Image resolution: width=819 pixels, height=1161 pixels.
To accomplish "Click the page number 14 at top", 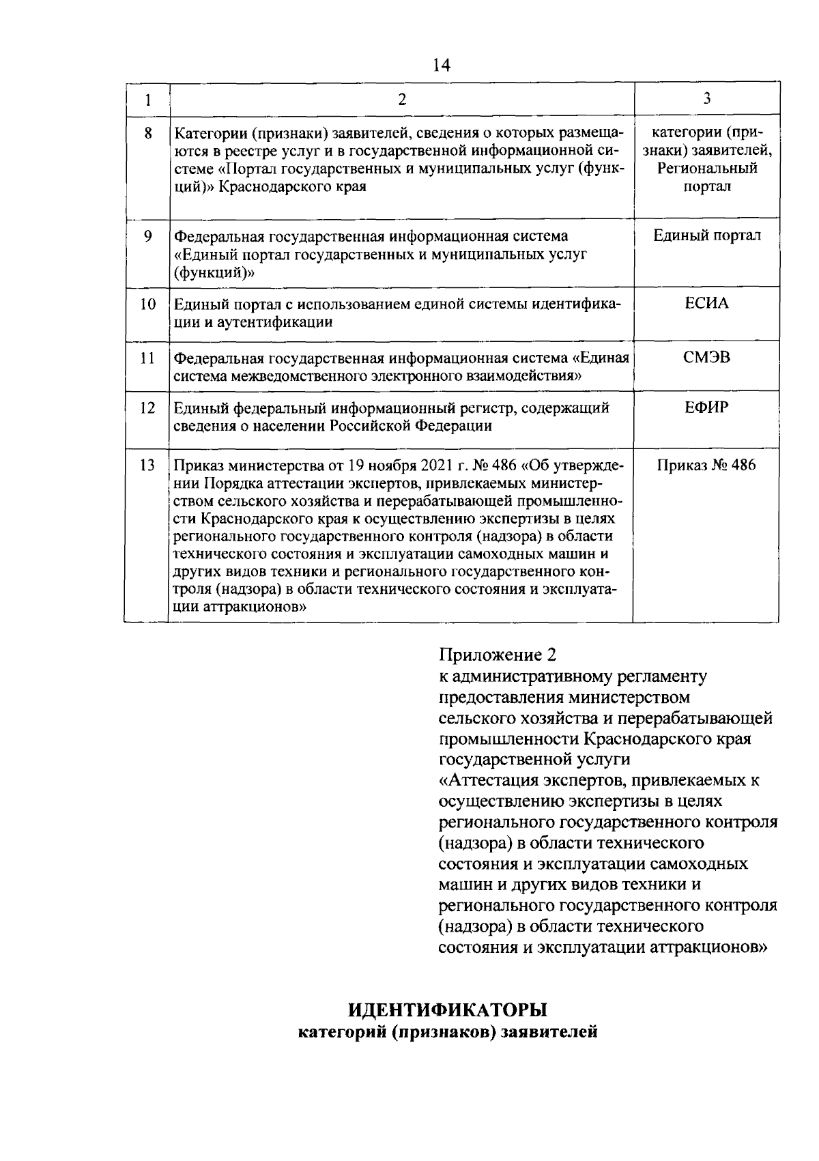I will [x=442, y=66].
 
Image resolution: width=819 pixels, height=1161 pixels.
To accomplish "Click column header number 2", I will [x=402, y=100].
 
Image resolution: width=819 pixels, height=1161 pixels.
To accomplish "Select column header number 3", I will [x=707, y=99].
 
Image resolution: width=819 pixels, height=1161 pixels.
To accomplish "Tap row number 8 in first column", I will [x=147, y=132].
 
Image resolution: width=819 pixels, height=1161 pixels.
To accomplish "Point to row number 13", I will [x=147, y=466].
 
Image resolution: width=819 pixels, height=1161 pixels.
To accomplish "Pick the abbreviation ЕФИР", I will [x=706, y=408].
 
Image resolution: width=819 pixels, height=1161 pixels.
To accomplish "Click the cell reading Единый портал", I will [x=706, y=236].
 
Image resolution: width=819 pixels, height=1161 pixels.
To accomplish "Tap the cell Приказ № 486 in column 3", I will [x=706, y=466].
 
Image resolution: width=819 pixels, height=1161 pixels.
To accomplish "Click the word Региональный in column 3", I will [x=707, y=168].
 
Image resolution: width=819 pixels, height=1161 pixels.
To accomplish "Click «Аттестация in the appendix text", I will [x=487, y=780].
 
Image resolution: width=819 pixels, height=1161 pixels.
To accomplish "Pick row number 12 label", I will [x=147, y=408].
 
